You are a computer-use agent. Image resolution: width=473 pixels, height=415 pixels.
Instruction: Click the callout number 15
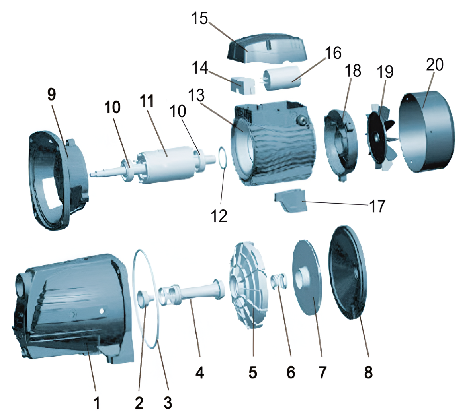pyautogui.click(x=200, y=18)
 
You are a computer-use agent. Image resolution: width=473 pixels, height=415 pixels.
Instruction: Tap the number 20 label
pyautogui.click(x=435, y=64)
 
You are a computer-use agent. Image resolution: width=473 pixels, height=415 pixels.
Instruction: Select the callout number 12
pyautogui.click(x=219, y=216)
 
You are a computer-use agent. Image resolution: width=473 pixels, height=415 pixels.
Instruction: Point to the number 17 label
pyautogui.click(x=377, y=206)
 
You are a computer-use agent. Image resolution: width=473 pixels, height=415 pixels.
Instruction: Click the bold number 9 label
pyautogui.click(x=52, y=94)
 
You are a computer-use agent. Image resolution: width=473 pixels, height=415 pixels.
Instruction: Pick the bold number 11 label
pyautogui.click(x=147, y=101)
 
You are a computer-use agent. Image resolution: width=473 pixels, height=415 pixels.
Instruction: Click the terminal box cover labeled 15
pyautogui.click(x=267, y=48)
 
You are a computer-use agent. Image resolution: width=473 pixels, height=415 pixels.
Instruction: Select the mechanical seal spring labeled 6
pyautogui.click(x=279, y=281)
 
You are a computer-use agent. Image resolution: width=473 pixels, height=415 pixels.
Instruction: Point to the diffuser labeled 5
pyautogui.click(x=249, y=284)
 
